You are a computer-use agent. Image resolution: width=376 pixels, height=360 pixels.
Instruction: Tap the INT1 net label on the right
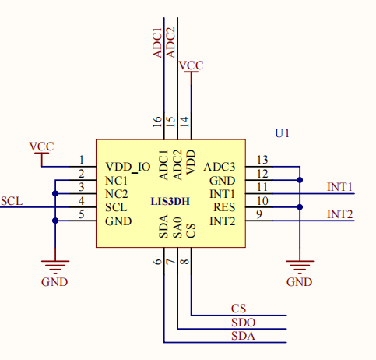point(339,187)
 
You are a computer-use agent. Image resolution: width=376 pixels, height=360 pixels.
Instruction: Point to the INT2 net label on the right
point(339,214)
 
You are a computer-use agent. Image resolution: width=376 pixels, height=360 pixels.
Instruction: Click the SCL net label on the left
point(12,201)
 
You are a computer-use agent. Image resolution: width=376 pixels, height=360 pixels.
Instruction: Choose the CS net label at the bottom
point(239,309)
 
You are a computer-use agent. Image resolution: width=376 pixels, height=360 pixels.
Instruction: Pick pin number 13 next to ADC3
point(262,160)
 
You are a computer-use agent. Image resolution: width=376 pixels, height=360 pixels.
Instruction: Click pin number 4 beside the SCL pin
point(81,201)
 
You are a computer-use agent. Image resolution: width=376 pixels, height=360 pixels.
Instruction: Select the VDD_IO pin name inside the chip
point(128,166)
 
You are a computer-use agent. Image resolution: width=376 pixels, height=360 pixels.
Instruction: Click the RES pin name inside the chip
point(224,207)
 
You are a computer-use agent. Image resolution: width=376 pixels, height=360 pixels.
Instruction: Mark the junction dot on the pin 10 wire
point(300,207)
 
